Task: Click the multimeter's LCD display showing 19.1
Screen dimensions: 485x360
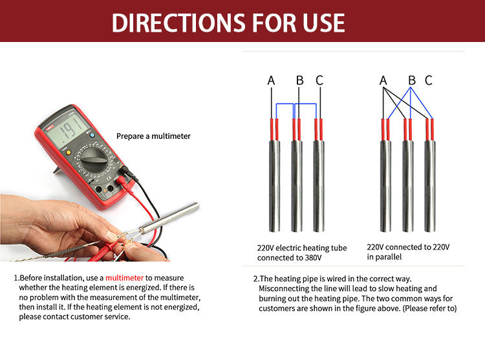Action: coord(67,131)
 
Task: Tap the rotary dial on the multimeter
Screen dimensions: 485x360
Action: coord(94,160)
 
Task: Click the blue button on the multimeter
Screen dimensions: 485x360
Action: coord(92,135)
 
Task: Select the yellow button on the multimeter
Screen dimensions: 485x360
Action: coord(69,153)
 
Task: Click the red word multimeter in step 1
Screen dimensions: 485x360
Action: coord(124,278)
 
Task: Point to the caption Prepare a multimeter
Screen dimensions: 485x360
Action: coord(153,136)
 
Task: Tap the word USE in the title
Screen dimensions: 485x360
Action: coord(323,23)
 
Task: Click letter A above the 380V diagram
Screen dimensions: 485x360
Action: coord(271,80)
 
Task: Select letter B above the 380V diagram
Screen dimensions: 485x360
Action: coord(299,80)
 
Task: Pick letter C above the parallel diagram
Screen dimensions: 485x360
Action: coord(428,80)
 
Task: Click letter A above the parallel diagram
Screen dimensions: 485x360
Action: coord(383,80)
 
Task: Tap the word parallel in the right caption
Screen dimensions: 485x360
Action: coord(388,257)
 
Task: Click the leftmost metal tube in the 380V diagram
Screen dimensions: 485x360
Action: coord(274,186)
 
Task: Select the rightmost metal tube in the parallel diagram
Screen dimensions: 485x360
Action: coord(430,186)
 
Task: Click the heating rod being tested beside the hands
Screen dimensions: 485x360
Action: coord(169,218)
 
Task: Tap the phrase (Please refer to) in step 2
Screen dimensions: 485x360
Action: coord(429,308)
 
